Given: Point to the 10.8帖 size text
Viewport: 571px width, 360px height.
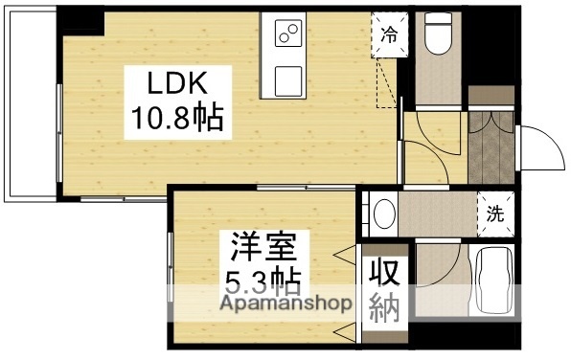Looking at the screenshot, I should pyautogui.click(x=177, y=119).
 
